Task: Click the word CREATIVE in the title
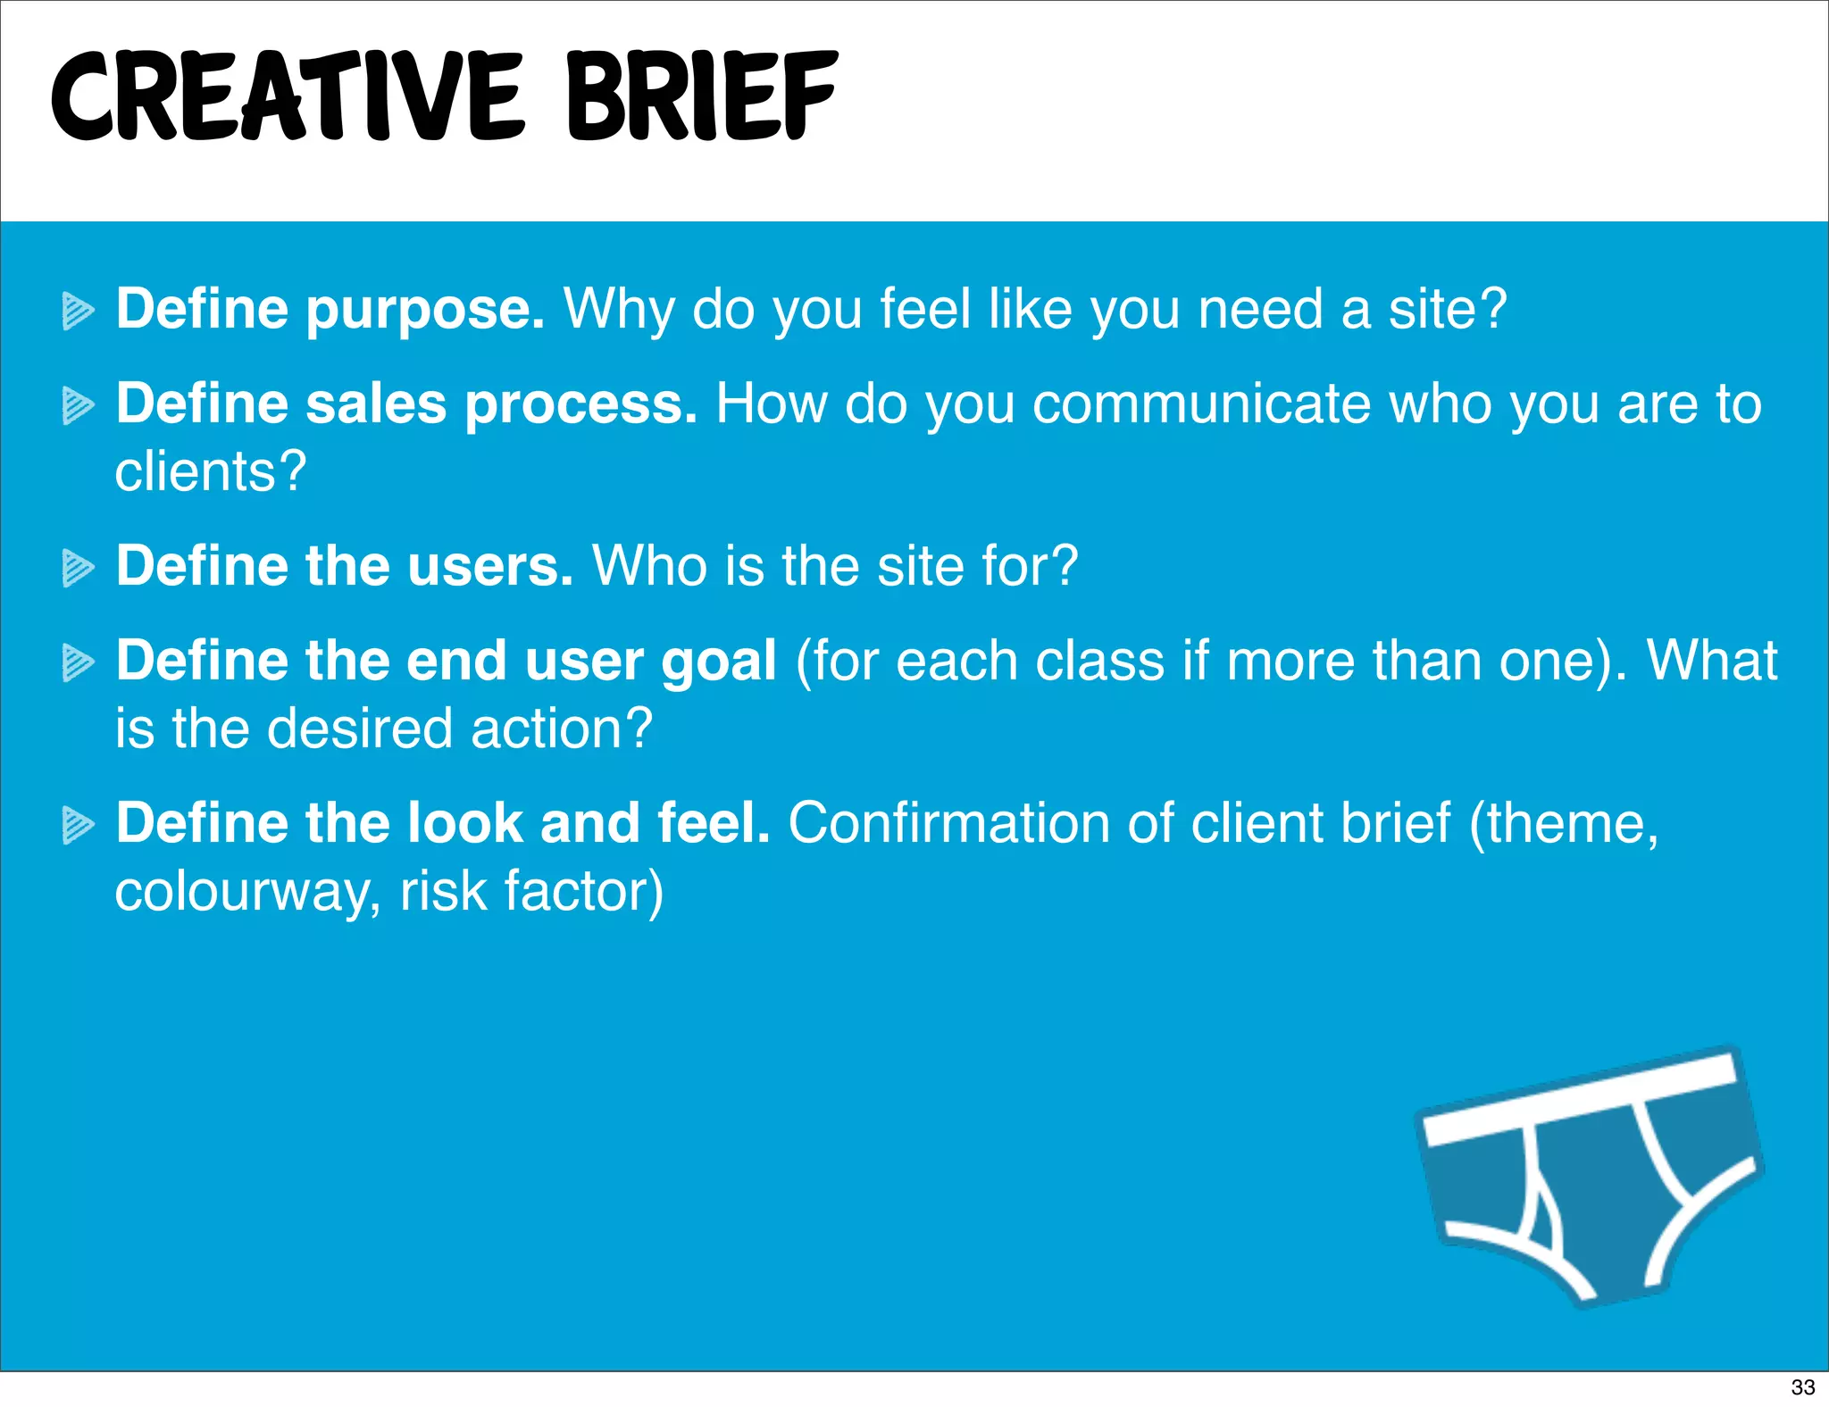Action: [286, 96]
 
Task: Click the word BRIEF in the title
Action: [702, 96]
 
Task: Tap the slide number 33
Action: [1803, 1386]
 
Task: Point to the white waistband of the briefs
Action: [1581, 1100]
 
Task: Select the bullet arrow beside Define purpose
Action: [78, 312]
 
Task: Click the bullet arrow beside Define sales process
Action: [78, 406]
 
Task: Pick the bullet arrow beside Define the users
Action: [78, 569]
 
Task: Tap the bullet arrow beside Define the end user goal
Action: [78, 663]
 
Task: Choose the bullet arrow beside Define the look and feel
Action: [78, 826]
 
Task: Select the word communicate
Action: [1201, 404]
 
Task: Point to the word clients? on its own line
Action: [211, 471]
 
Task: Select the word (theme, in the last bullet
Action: [1564, 823]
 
